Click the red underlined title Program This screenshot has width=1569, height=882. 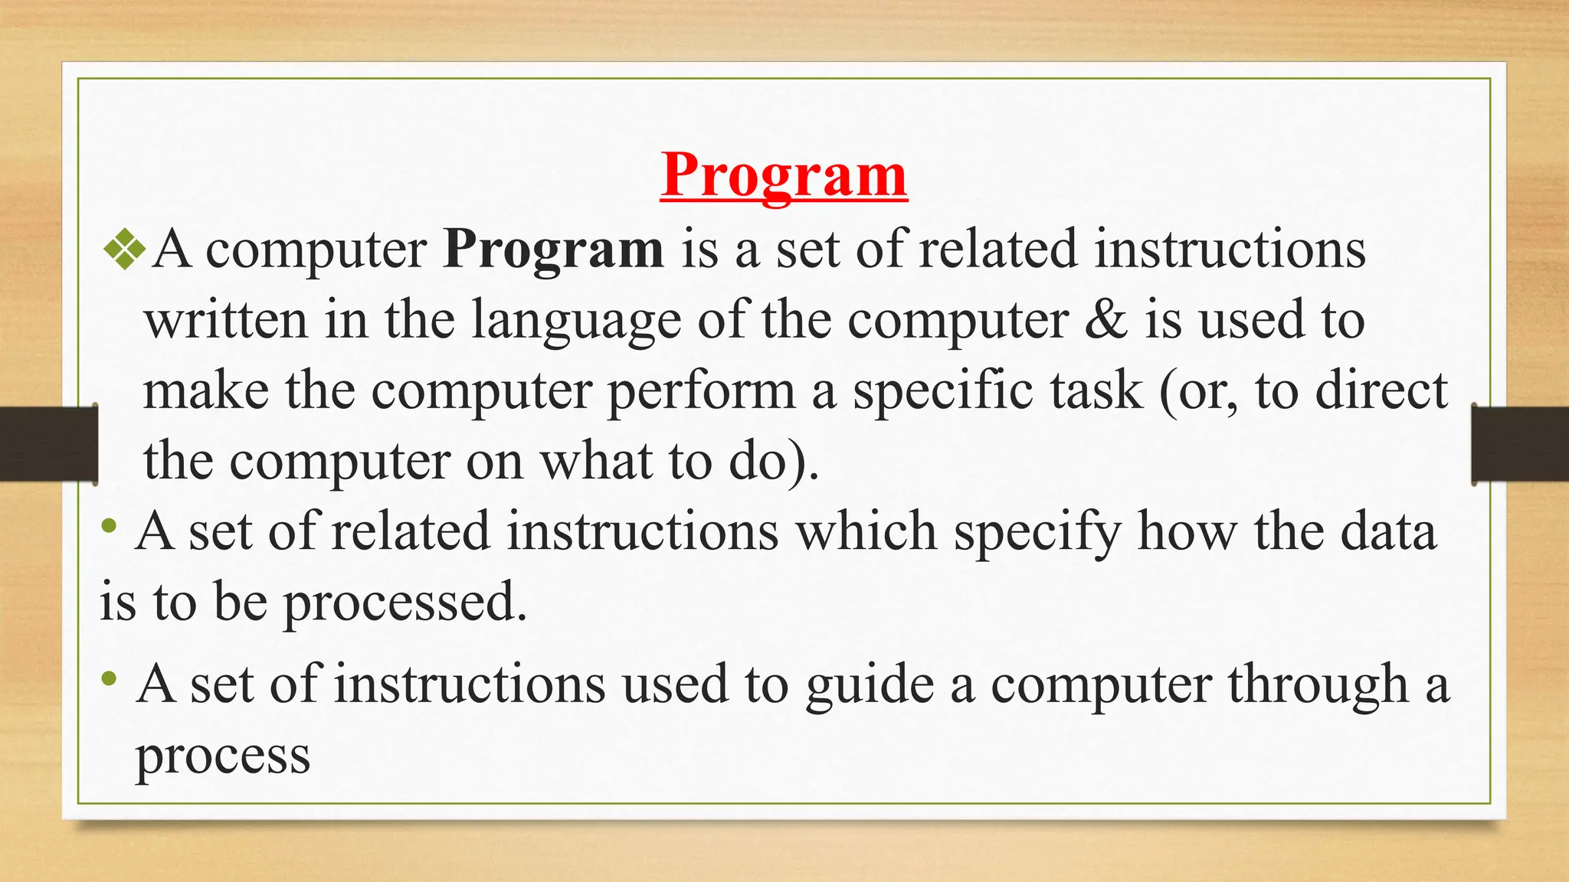click(x=784, y=175)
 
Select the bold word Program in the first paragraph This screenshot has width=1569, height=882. click(x=553, y=250)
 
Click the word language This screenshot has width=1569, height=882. click(x=575, y=322)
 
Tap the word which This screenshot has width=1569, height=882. click(x=866, y=531)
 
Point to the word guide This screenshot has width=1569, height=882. click(x=870, y=684)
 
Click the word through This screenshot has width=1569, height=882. click(x=1317, y=684)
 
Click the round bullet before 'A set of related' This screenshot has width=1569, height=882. click(x=110, y=525)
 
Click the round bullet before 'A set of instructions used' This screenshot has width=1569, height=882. click(x=110, y=678)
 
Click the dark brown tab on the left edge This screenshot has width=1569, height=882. click(x=48, y=444)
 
